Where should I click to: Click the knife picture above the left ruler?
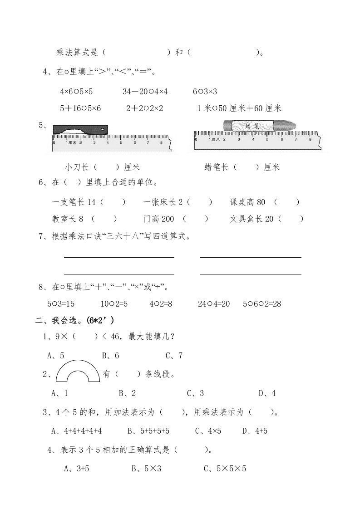tap(80, 130)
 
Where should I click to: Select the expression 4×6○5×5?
tap(76, 91)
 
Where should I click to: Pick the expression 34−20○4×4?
tap(145, 91)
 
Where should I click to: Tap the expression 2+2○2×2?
tap(145, 108)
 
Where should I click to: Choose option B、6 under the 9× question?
tap(110, 355)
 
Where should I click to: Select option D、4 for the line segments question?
tap(267, 393)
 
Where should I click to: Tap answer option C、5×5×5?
tap(224, 469)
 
